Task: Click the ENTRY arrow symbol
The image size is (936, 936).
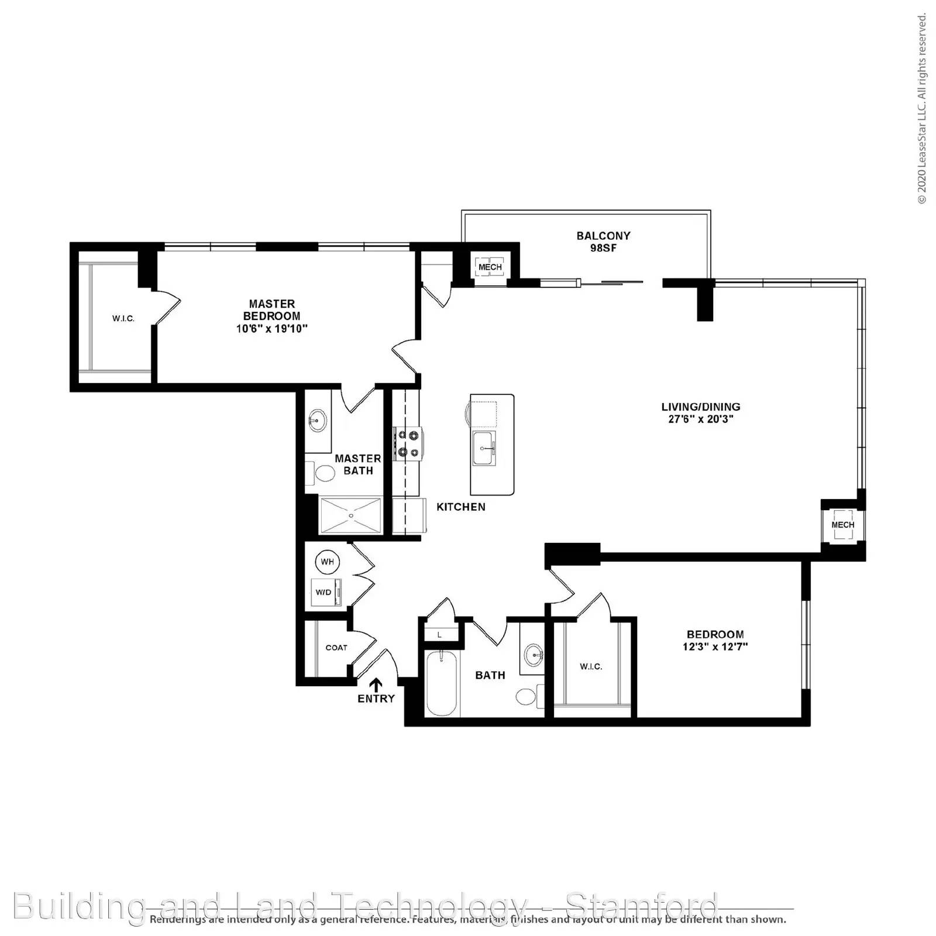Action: point(376,684)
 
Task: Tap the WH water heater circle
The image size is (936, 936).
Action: point(327,562)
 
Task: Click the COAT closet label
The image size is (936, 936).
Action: point(336,648)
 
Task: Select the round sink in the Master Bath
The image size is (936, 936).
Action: point(318,420)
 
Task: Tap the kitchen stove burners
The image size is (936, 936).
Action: point(408,443)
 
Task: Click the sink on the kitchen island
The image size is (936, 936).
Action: point(484,449)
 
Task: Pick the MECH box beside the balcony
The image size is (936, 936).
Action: point(490,267)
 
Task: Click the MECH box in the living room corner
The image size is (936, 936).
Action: point(842,525)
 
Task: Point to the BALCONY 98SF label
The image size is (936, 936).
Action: point(603,242)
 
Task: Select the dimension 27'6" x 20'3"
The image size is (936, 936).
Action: point(701,419)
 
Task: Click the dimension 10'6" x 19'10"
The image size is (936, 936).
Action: point(272,329)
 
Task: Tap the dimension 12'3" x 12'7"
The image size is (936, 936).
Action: point(715,647)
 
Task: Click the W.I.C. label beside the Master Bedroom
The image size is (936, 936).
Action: point(123,319)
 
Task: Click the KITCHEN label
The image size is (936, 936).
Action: point(461,507)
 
